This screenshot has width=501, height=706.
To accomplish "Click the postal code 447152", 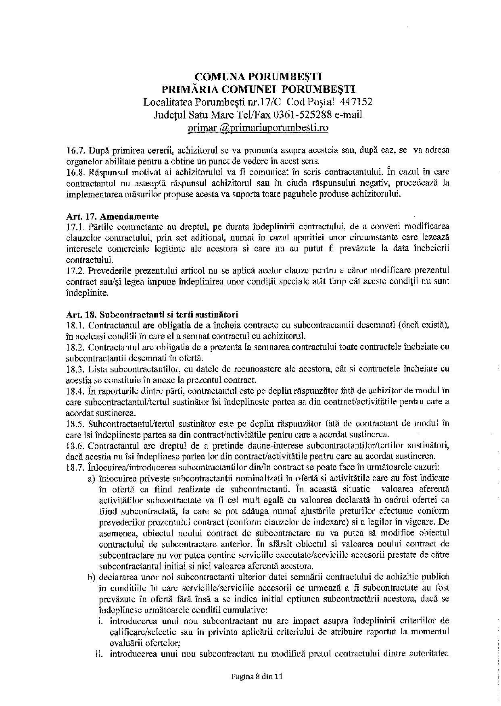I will [356, 102].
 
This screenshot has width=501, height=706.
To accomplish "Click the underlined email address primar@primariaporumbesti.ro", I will [258, 128].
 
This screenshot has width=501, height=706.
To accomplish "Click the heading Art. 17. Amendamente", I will [113, 216].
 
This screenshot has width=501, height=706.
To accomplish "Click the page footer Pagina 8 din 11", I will [257, 677].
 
